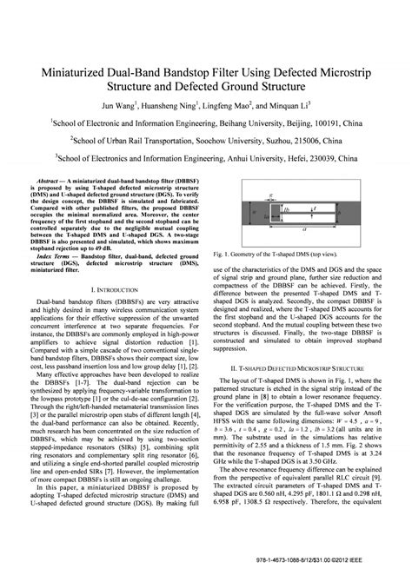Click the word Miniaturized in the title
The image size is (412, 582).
[70, 73]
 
